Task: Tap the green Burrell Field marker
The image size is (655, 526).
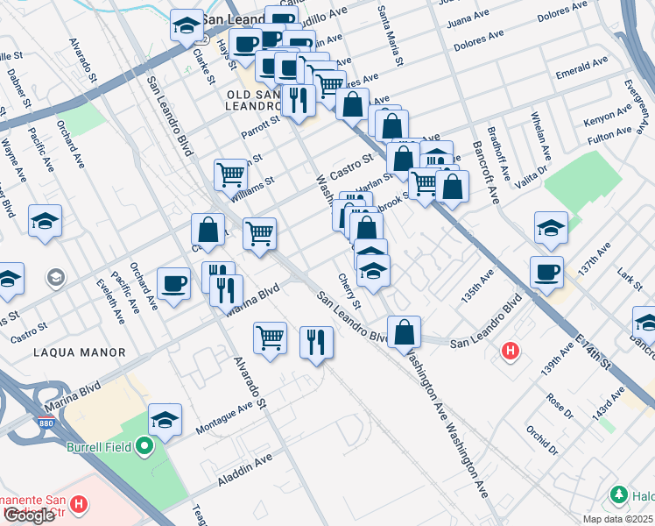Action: coord(144,447)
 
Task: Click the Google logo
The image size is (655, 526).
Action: coord(30,515)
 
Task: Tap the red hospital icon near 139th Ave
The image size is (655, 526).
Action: coord(511,352)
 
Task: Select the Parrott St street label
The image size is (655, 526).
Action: coord(259,126)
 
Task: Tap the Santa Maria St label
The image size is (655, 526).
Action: coord(390,35)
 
